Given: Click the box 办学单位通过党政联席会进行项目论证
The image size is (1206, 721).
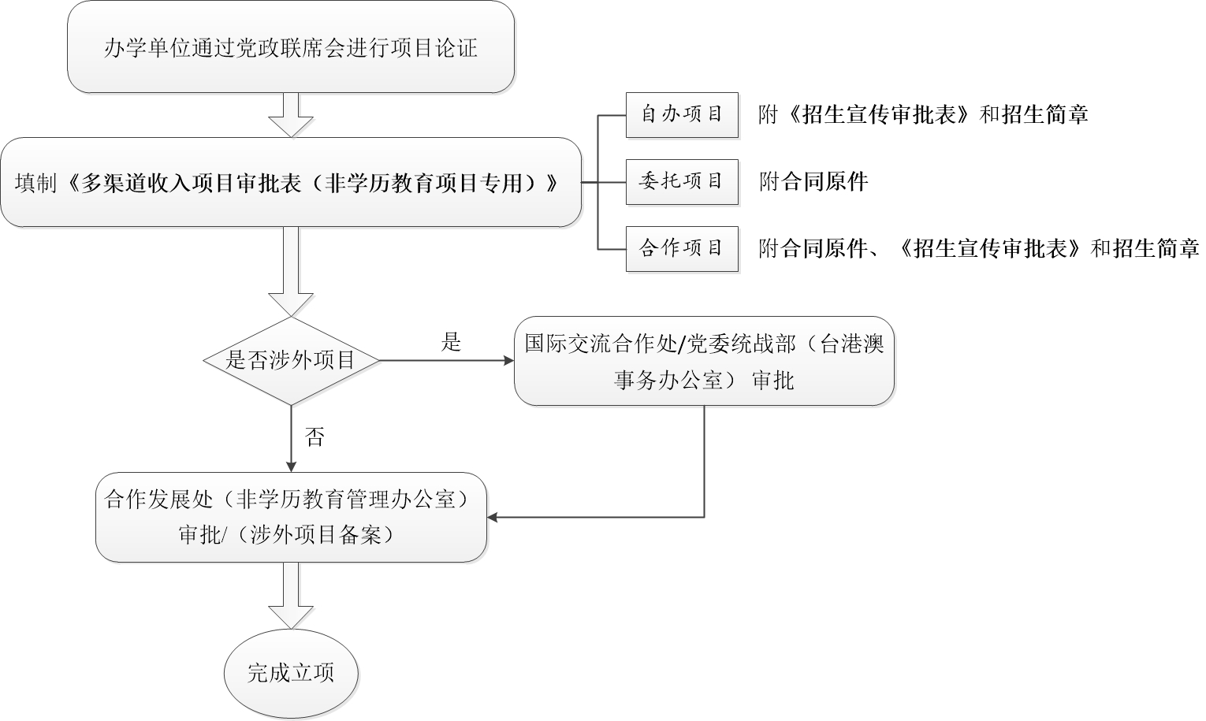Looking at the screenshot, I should [x=290, y=47].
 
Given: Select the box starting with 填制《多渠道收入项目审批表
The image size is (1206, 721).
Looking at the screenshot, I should [x=290, y=183].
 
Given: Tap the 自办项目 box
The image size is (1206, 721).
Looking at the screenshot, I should [x=681, y=115].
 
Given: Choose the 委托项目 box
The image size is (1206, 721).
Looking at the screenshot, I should [x=681, y=182].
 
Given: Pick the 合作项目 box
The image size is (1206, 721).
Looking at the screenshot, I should [x=681, y=249].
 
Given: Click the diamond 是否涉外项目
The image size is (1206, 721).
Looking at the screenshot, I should [x=291, y=361].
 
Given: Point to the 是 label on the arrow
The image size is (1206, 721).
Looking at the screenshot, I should [x=451, y=342].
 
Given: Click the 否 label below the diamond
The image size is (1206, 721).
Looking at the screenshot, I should [x=315, y=437].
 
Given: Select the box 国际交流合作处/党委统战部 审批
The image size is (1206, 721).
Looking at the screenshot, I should [x=704, y=362].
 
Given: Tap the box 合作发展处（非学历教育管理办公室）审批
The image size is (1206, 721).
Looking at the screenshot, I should [x=291, y=517].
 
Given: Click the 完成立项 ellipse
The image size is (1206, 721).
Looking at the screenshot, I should [x=291, y=673].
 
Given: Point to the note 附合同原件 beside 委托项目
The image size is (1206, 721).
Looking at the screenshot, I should [x=813, y=182].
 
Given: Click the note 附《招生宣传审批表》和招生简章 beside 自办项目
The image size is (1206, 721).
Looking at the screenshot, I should [x=923, y=115].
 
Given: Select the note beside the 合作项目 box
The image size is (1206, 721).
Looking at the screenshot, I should [x=978, y=249].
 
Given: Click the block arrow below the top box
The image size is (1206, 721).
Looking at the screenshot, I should [x=291, y=115].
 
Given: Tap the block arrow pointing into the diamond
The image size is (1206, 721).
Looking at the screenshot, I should [x=291, y=272].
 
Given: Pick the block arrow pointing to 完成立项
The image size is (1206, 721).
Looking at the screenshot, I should [x=291, y=596].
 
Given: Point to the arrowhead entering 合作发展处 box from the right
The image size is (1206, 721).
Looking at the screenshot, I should [x=493, y=518].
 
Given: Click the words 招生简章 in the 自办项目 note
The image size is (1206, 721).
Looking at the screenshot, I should [x=1045, y=115].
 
